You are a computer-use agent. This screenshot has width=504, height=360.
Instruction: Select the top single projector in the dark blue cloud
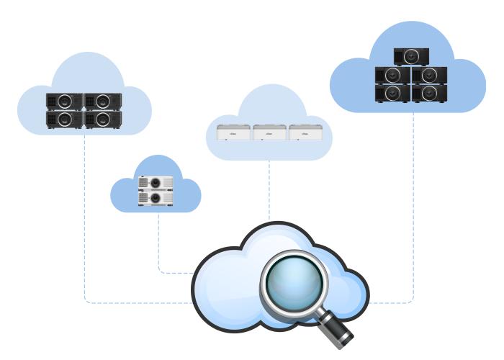coord(411,56)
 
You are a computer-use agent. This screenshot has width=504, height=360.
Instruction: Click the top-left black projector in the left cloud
coord(65,102)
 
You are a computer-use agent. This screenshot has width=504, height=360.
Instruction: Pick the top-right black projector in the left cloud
coord(103,102)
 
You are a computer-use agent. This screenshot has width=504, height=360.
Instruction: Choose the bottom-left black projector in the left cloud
coord(65,119)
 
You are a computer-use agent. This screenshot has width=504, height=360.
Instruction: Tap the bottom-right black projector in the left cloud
coord(103,119)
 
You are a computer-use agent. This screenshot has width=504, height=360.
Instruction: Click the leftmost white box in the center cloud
coord(233,133)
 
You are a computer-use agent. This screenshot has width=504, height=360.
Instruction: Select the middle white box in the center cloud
coord(269,133)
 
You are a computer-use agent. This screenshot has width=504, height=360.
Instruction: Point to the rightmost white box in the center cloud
coord(306,133)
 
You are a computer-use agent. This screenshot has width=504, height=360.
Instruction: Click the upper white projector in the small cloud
coord(156,183)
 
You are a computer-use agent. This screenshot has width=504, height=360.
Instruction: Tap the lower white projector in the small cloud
coord(156,198)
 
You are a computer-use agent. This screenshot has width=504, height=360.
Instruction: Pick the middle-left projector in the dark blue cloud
coord(393,75)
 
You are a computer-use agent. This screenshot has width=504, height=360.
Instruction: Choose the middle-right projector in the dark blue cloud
coord(429,75)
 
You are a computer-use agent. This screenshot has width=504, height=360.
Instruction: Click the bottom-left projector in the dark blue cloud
coord(393,92)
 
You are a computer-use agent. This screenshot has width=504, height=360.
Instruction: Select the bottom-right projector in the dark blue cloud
coord(429,92)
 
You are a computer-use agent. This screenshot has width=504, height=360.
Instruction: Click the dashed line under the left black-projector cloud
coord(84,216)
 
